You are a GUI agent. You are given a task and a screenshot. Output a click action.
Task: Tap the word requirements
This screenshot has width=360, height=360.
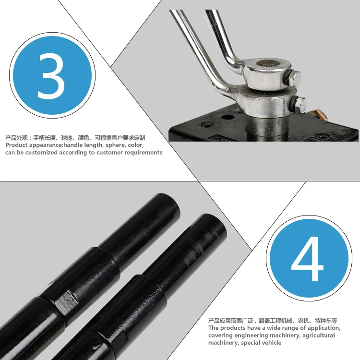tap(144, 153)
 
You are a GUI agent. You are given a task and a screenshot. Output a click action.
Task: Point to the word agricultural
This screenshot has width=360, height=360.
tap(315, 335)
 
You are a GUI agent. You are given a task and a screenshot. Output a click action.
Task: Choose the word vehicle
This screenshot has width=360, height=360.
tap(270, 343)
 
